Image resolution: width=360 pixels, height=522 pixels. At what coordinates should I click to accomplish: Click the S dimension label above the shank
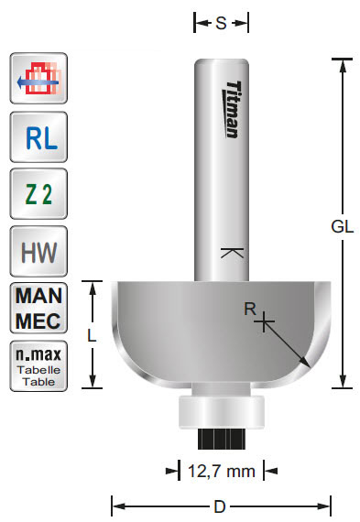point(221,25)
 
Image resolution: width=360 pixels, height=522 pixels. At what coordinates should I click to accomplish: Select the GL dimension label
point(342,228)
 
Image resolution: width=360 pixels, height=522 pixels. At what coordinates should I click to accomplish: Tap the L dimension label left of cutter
point(92,335)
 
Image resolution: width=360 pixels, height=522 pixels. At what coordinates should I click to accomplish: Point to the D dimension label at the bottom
point(221,505)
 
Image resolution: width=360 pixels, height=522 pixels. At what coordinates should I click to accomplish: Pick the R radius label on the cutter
point(249,310)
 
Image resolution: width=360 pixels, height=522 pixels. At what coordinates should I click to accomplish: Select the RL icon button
point(38,136)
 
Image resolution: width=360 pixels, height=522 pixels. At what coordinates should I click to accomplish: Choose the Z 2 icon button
point(38,194)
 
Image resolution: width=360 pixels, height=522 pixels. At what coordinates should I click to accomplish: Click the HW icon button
point(38,251)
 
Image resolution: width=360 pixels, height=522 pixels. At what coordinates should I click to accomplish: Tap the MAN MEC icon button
point(38,309)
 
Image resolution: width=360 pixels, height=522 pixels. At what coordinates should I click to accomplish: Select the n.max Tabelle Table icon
point(38,365)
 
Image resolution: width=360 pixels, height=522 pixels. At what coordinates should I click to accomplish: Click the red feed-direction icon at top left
point(38,80)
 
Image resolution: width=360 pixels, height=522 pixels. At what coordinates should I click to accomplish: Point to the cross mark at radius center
point(265,321)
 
